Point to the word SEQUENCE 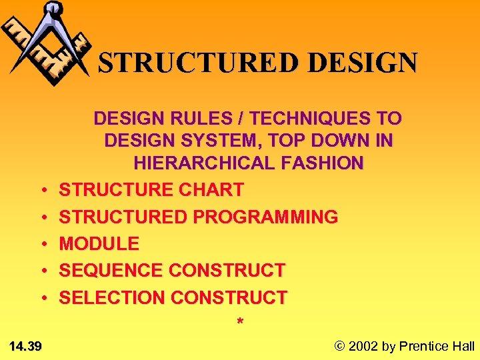(111, 271)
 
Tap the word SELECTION (112, 297)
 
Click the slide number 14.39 (26, 346)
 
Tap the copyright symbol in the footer (340, 346)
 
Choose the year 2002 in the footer (363, 346)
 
